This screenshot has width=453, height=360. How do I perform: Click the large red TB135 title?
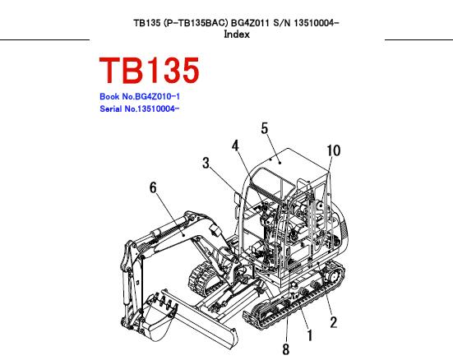click(149, 70)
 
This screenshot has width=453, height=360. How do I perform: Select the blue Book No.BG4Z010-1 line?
click(140, 96)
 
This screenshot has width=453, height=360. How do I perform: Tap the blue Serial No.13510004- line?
click(139, 109)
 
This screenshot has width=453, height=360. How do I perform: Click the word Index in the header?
click(237, 35)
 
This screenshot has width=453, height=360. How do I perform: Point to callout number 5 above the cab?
click(265, 128)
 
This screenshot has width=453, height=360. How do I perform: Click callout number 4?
click(235, 145)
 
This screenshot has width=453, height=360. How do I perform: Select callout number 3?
click(206, 163)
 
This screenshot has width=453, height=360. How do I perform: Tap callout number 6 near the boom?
click(153, 187)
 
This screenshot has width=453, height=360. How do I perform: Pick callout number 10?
click(334, 150)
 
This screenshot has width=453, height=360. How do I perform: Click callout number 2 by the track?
click(334, 322)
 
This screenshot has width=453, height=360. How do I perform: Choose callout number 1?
click(310, 335)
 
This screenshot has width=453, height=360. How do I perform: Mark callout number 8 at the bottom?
click(286, 349)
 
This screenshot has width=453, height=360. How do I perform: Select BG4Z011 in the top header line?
click(250, 22)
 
